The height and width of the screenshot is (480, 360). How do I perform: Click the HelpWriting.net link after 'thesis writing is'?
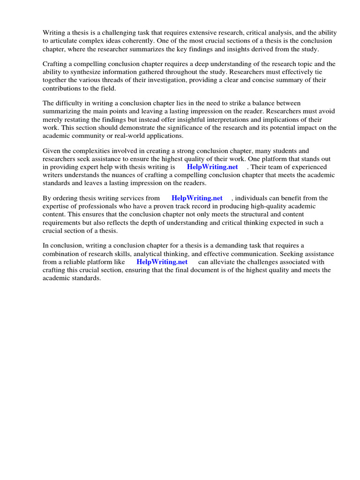(212, 167)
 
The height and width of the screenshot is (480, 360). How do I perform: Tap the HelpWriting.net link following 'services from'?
(197, 198)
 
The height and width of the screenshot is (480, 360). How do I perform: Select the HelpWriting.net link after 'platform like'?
(162, 262)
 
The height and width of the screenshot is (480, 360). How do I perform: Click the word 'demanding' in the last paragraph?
(241, 246)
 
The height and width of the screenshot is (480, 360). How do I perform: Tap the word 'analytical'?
(138, 254)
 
